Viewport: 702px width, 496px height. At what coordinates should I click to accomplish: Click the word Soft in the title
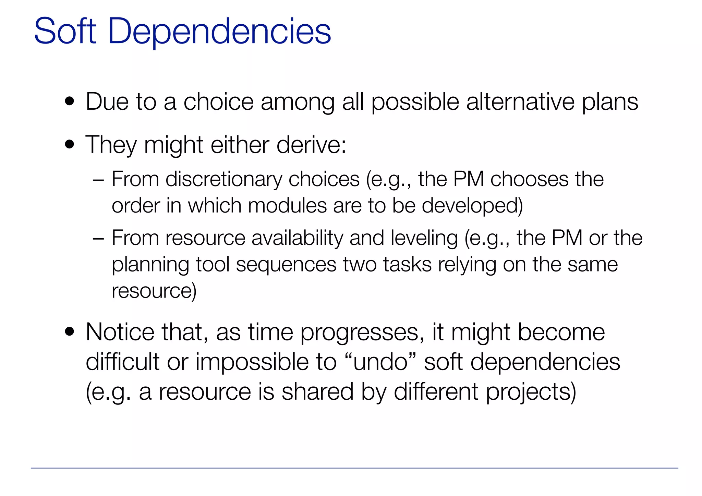pyautogui.click(x=65, y=32)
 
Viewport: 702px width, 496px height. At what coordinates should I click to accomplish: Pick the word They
pyautogui.click(x=111, y=145)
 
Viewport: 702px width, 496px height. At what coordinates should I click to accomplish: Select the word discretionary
pyautogui.click(x=223, y=179)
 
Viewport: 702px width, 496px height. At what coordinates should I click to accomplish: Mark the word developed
pyautogui.click(x=472, y=206)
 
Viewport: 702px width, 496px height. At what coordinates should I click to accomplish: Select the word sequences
pyautogui.click(x=286, y=265)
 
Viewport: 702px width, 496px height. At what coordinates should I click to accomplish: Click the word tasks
pyautogui.click(x=407, y=265)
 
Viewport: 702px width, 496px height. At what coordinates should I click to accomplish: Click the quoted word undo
pyautogui.click(x=381, y=362)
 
